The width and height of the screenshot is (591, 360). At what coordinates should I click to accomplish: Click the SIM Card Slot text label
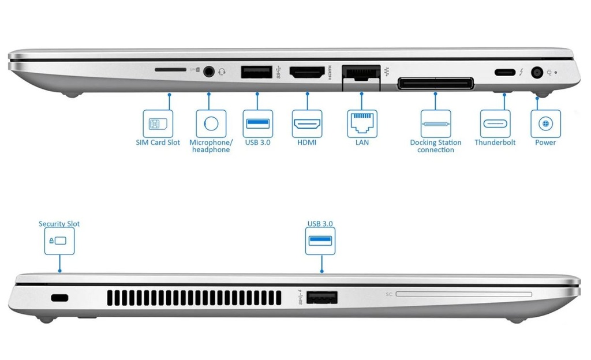(x=158, y=142)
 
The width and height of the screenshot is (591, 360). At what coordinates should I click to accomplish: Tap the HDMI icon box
(x=307, y=123)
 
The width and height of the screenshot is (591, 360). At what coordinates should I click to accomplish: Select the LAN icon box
(x=362, y=123)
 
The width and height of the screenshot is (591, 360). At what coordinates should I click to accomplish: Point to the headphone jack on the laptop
(x=209, y=72)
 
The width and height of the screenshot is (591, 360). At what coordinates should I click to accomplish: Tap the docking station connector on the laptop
(x=435, y=84)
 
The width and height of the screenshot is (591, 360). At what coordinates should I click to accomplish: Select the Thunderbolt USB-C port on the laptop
(x=504, y=73)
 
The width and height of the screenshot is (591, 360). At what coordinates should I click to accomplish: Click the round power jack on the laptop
(x=537, y=73)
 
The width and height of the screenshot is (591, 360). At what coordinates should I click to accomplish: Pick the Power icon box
(x=545, y=123)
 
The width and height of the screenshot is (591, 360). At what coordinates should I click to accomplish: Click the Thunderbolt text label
(x=495, y=142)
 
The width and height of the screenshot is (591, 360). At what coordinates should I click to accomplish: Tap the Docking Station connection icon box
(x=436, y=123)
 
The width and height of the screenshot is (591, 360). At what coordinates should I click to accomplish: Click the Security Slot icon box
(x=59, y=241)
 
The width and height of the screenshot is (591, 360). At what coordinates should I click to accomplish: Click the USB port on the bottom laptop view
(x=321, y=298)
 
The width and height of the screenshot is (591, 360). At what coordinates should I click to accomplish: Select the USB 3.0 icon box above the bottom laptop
(x=320, y=241)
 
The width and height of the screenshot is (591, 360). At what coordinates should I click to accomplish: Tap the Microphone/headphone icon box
(x=211, y=123)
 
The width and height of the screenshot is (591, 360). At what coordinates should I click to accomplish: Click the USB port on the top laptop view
(x=256, y=73)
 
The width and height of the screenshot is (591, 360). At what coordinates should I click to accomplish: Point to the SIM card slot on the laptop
(x=170, y=69)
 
